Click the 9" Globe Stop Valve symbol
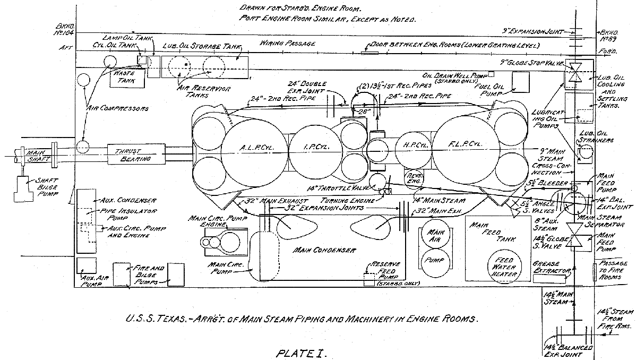pyautogui.click(x=573, y=71)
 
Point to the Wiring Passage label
pyautogui.click(x=288, y=43)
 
